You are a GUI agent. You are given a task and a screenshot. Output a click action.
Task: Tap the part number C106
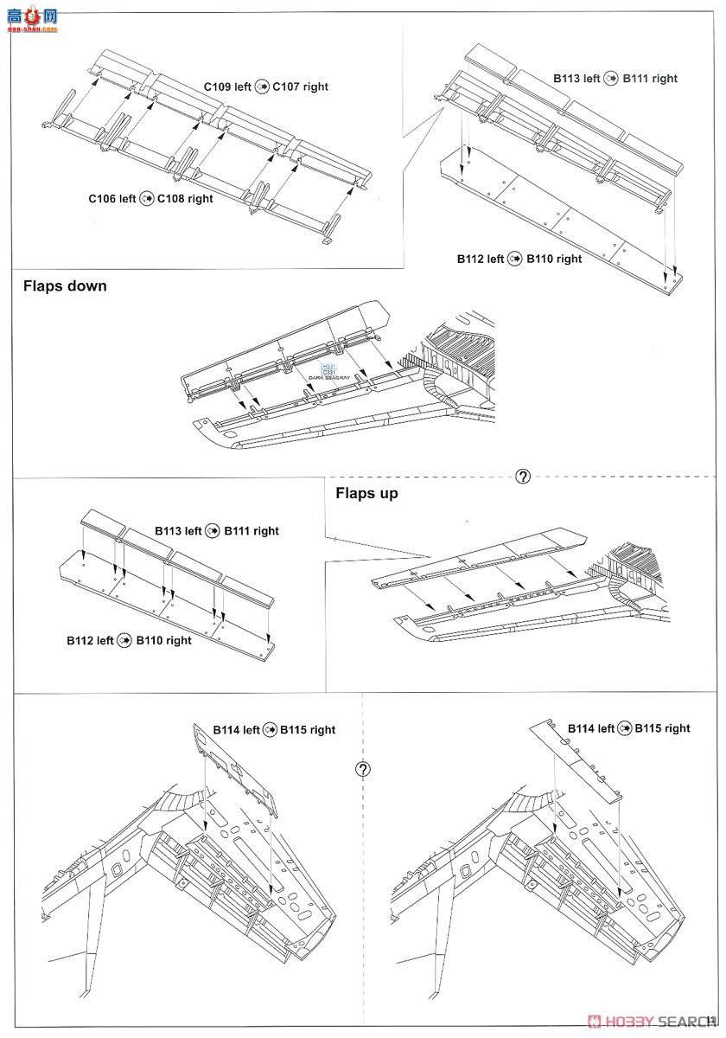point(103,199)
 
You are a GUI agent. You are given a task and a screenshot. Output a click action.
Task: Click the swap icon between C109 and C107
point(262,87)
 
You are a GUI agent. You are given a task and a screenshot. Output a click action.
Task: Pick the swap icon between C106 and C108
point(146,199)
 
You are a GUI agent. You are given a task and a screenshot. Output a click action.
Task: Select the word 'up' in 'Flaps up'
point(389,493)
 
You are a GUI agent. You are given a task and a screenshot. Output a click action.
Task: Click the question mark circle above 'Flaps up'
point(522,477)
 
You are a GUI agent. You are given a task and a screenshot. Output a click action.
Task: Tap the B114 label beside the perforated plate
point(226,730)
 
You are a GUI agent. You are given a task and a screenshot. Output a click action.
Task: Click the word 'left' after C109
point(243,87)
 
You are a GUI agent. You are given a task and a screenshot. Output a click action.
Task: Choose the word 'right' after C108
point(201,199)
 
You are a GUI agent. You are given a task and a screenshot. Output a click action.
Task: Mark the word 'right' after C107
point(316,87)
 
